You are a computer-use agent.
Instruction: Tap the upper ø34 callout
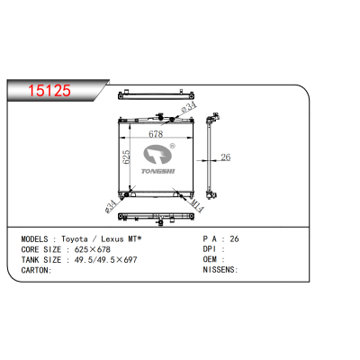click(188, 110)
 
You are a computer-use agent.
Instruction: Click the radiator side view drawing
click(212, 157)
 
